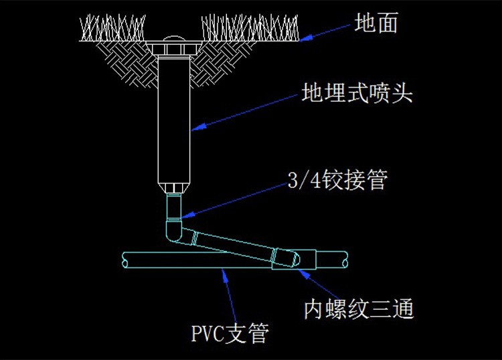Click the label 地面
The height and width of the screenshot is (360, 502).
(x=376, y=24)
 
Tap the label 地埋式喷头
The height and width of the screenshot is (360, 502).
(x=356, y=93)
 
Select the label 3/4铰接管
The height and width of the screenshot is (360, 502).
(x=337, y=179)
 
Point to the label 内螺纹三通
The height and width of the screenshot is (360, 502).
(x=359, y=309)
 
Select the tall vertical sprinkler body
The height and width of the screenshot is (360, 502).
(x=174, y=120)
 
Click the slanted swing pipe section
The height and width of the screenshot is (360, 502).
(x=234, y=244)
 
